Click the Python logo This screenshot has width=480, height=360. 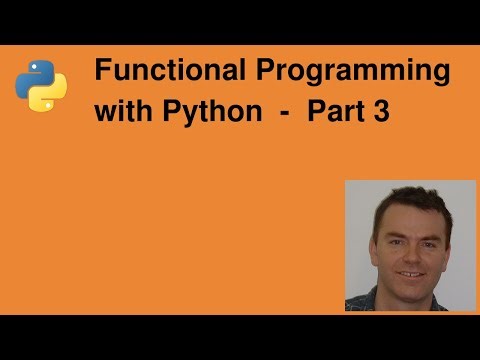click(x=41, y=83)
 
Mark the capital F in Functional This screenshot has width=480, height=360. click(x=101, y=73)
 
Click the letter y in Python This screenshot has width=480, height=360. click(x=174, y=115)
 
